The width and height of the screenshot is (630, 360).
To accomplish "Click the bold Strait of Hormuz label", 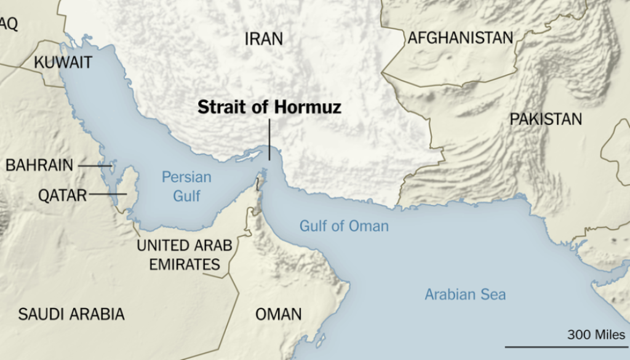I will pyautogui.click(x=269, y=108).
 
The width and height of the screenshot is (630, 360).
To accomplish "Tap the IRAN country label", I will pyautogui.click(x=264, y=39).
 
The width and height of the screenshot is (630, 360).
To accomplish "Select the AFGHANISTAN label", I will pyautogui.click(x=460, y=38).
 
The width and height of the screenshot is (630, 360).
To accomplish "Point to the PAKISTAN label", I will pyautogui.click(x=546, y=119).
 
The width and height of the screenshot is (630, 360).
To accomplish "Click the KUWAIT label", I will pyautogui.click(x=63, y=62).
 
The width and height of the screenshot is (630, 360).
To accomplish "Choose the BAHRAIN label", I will pyautogui.click(x=39, y=165).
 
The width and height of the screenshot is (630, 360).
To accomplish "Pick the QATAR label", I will pyautogui.click(x=62, y=195).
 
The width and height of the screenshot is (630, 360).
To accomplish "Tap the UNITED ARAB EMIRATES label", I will pyautogui.click(x=184, y=255).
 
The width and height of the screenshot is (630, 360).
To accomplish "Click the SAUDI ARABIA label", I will pyautogui.click(x=71, y=314).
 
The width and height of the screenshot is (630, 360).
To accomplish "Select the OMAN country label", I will pyautogui.click(x=279, y=314).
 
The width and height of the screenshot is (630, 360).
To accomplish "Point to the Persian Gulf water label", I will pyautogui.click(x=186, y=186).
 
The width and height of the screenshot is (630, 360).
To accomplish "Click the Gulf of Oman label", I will pyautogui.click(x=344, y=226).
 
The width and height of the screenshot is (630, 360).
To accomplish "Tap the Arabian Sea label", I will pyautogui.click(x=465, y=294).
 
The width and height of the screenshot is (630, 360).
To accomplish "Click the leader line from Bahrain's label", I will pyautogui.click(x=94, y=165).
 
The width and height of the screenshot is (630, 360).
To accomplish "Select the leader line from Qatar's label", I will pyautogui.click(x=107, y=194).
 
